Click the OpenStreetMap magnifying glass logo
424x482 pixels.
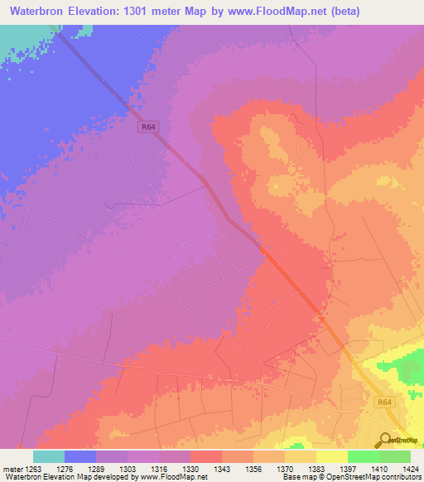tap(383, 440)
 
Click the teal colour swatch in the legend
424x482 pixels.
tap(48, 456)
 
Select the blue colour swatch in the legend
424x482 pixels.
tap(79, 456)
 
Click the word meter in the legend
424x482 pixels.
tap(10, 469)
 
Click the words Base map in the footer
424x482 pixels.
tap(296, 477)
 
